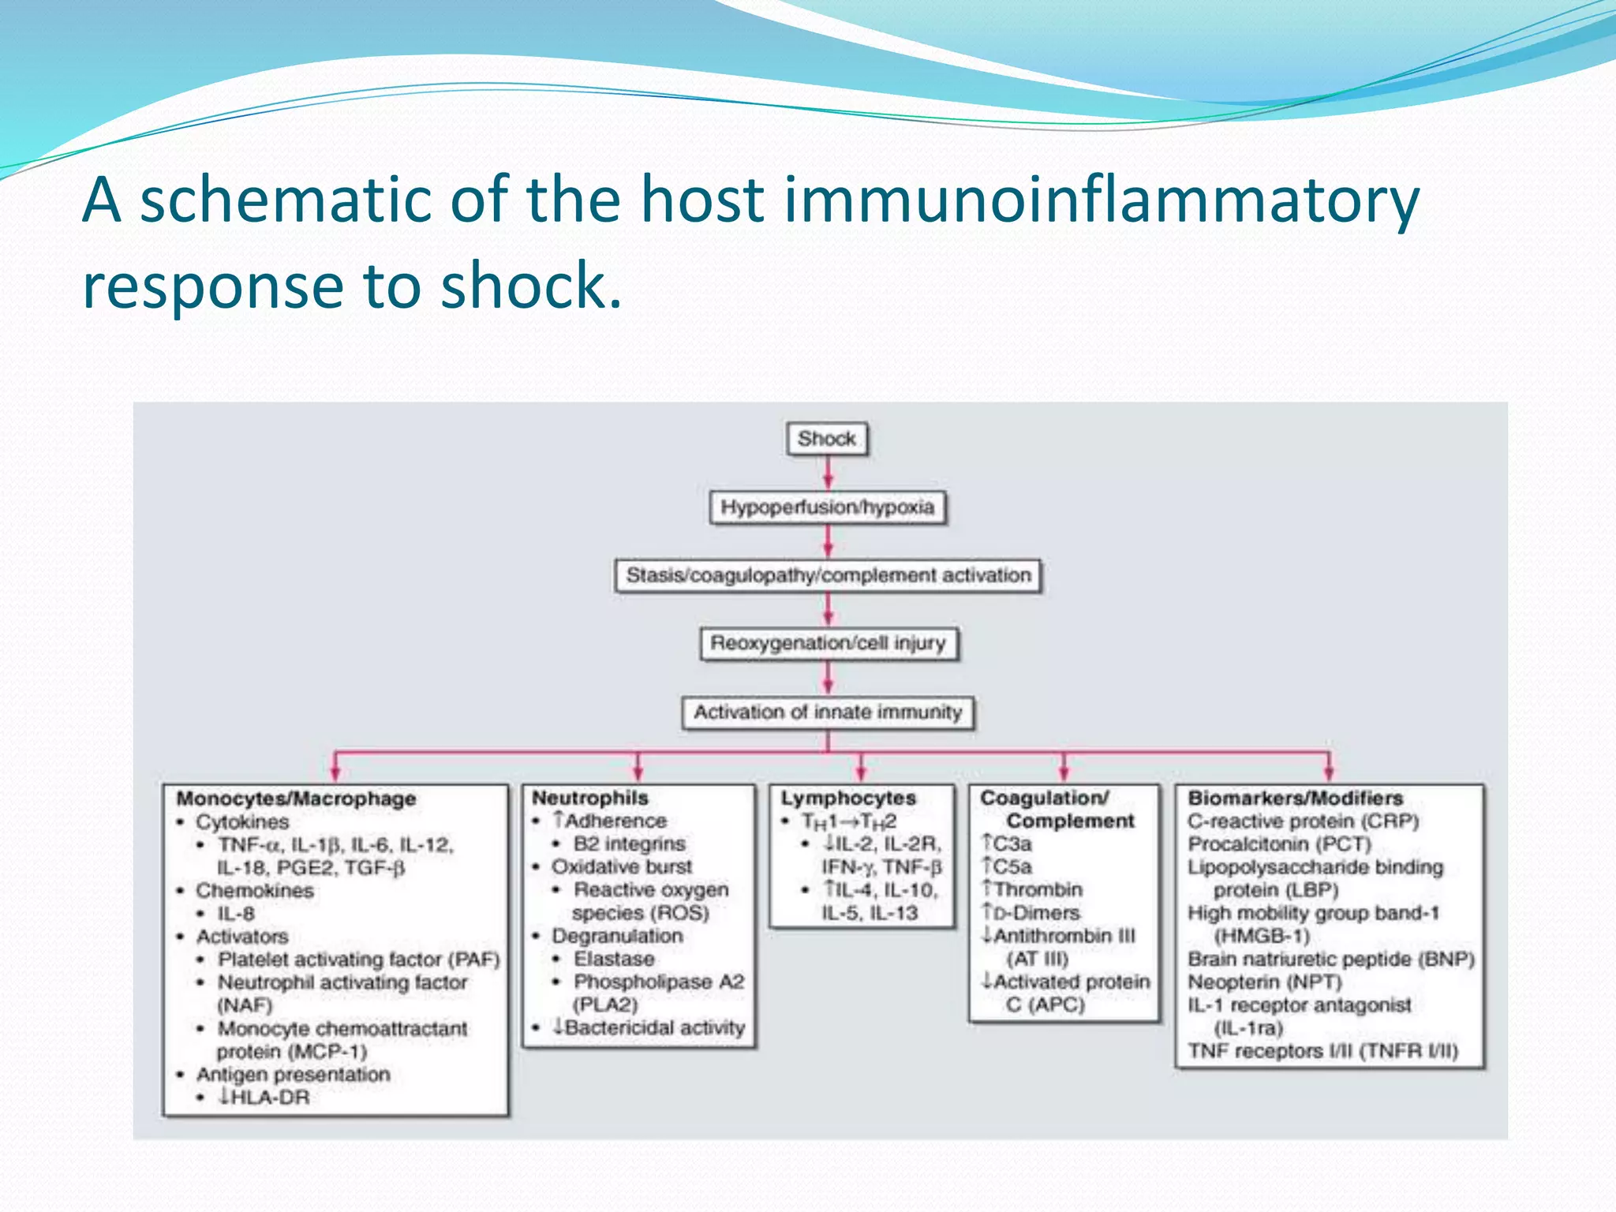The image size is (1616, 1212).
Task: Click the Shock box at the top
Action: click(826, 439)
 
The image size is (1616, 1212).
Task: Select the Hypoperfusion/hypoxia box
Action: click(827, 507)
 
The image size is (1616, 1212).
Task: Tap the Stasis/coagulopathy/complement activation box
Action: click(828, 575)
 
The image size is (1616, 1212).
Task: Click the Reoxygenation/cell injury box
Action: click(828, 643)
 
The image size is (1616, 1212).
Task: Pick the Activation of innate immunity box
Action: click(828, 712)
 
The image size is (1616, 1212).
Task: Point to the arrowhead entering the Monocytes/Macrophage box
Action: click(335, 774)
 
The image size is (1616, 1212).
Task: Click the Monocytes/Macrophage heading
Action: click(296, 799)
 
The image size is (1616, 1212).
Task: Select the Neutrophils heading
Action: click(589, 798)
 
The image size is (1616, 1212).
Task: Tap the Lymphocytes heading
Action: click(848, 798)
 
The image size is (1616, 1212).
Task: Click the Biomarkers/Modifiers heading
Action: click(1295, 798)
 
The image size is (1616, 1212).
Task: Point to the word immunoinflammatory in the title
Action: click(1101, 200)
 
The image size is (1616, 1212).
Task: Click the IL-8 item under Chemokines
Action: click(236, 914)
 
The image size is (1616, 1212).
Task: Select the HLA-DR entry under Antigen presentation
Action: click(264, 1098)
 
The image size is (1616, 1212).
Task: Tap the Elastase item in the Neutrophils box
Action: click(614, 959)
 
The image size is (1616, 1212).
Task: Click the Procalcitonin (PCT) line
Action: click(1279, 844)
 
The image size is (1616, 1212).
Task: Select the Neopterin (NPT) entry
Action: click(1265, 982)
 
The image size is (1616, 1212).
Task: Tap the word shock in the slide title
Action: click(530, 286)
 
